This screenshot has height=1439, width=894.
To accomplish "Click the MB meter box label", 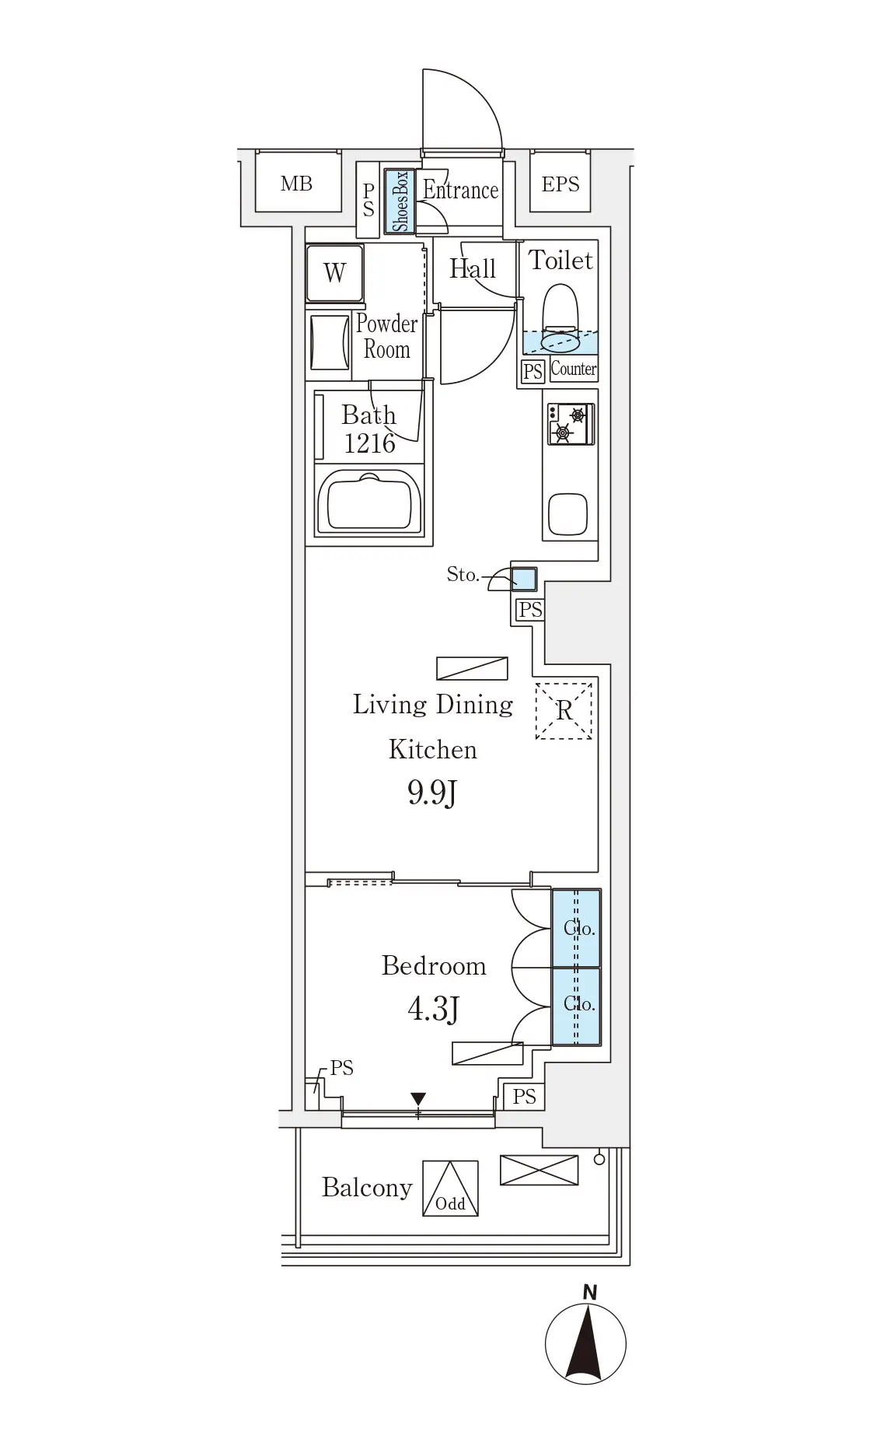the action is [296, 184].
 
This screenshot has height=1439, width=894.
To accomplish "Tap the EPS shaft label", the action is [560, 184].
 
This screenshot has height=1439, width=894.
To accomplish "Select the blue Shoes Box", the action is [400, 201].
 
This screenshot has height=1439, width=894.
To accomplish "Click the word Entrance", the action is [460, 190].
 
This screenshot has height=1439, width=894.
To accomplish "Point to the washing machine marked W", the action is [334, 273].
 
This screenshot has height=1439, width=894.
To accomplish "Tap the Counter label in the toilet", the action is [574, 369].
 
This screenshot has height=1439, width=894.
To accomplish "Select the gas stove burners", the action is [570, 424].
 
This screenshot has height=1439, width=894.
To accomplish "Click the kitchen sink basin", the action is [568, 514].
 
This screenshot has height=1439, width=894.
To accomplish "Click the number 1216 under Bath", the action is [370, 443].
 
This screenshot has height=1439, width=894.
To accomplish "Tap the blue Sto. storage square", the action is [524, 579].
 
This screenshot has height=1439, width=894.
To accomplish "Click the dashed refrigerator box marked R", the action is [564, 710].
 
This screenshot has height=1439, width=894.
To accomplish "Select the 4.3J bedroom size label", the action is [433, 1009].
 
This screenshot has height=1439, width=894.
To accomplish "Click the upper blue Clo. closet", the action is [576, 928].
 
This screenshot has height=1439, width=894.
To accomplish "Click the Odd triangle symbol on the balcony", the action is [450, 1188].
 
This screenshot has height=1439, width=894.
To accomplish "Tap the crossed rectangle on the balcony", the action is [539, 1170].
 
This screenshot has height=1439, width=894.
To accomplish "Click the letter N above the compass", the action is [590, 1292].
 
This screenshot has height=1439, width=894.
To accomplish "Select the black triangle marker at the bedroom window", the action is [418, 1099].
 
